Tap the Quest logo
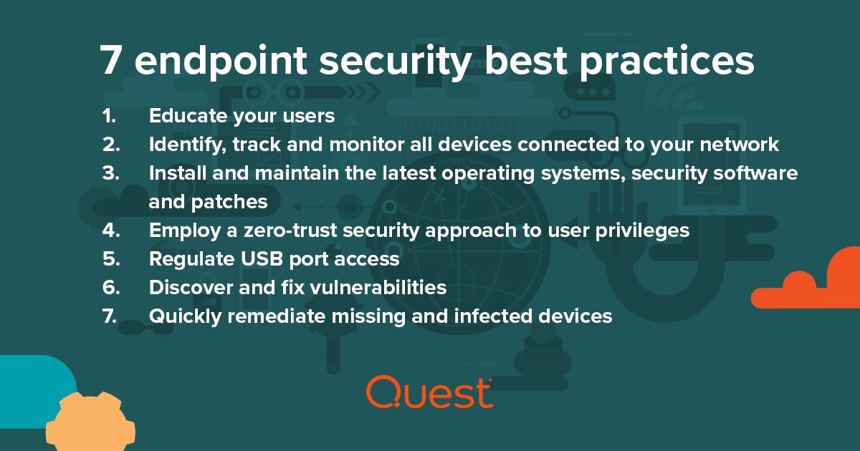(429, 392)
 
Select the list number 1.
(108, 116)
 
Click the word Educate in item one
(187, 116)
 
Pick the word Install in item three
(174, 173)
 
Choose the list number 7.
(109, 316)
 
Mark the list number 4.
(109, 231)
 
